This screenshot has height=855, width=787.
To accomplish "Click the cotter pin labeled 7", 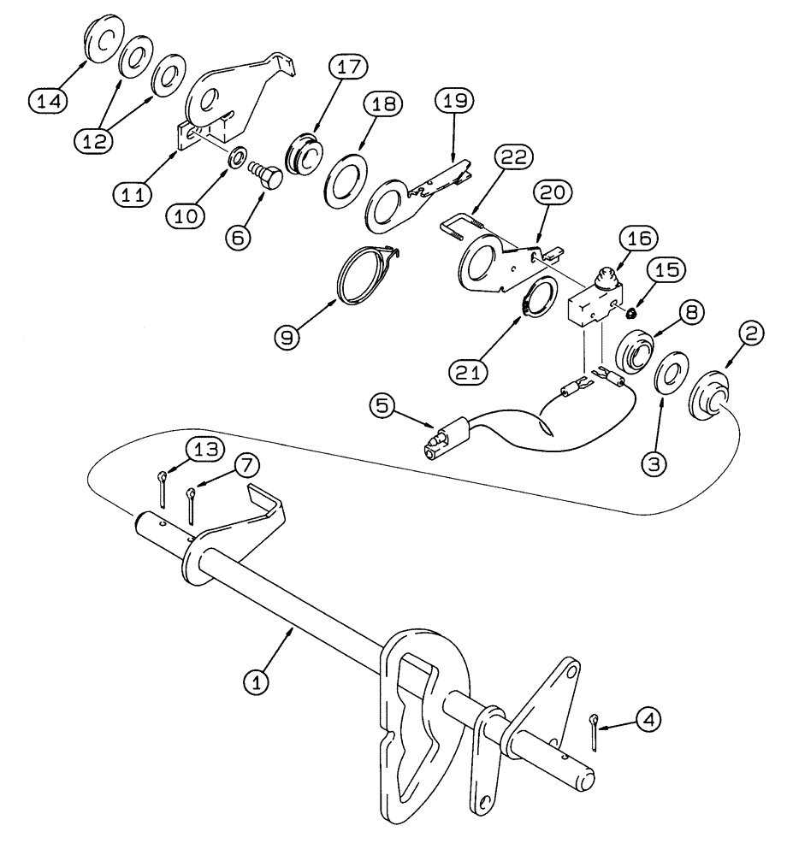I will (192, 508).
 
